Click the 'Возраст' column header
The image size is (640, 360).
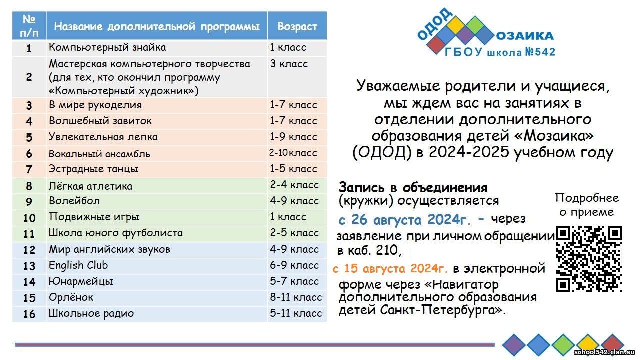point(297,26)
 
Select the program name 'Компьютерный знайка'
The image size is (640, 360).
point(107,47)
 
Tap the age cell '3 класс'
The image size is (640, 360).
point(289,64)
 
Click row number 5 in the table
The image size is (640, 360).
point(29,138)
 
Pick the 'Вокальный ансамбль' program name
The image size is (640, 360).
point(99,154)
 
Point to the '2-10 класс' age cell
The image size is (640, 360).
point(293,153)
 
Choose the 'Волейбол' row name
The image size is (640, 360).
point(74,201)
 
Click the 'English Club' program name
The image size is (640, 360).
point(78,265)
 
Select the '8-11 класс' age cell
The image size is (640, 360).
point(296,297)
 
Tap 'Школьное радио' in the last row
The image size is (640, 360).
point(91,313)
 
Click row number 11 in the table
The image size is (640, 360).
point(29,234)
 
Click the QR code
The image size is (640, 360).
point(589,259)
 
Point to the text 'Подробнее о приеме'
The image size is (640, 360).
point(587,205)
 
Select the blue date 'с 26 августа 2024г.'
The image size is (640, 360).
point(404,220)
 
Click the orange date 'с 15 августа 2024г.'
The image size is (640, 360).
point(390,268)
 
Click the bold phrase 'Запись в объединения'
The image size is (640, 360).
point(413,188)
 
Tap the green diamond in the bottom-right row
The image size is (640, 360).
point(563,345)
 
